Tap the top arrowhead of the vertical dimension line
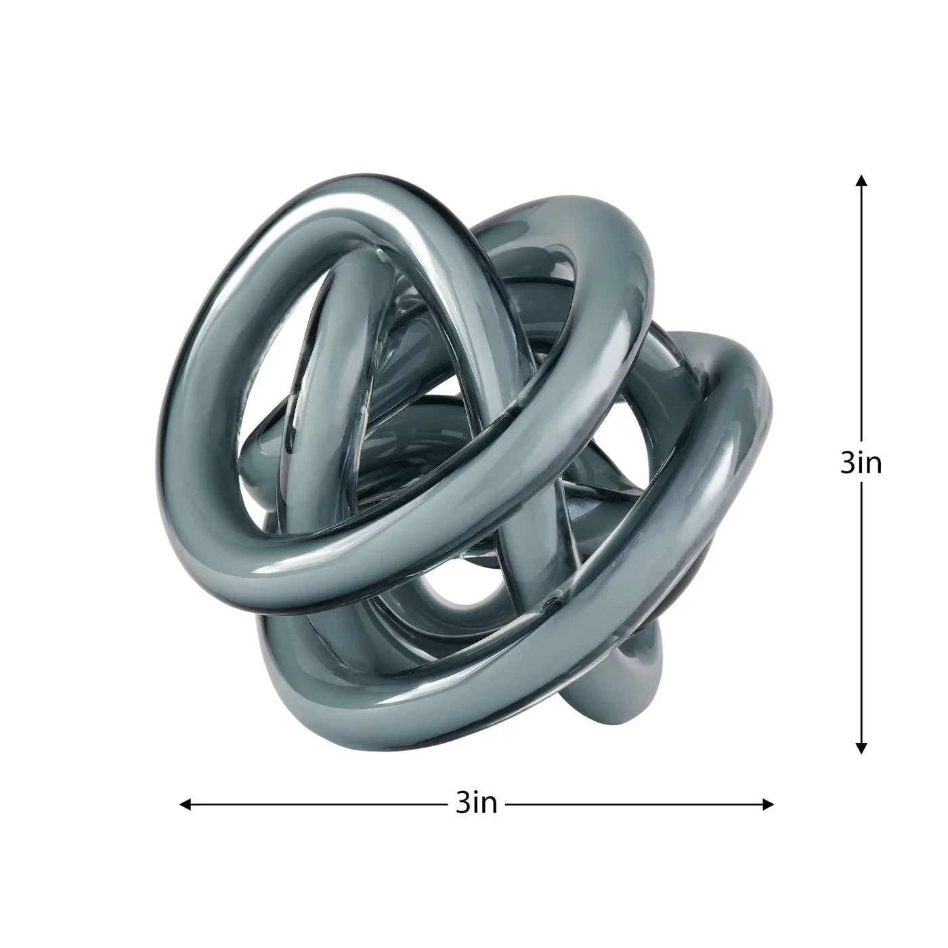861,180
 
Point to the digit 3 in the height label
848,463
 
